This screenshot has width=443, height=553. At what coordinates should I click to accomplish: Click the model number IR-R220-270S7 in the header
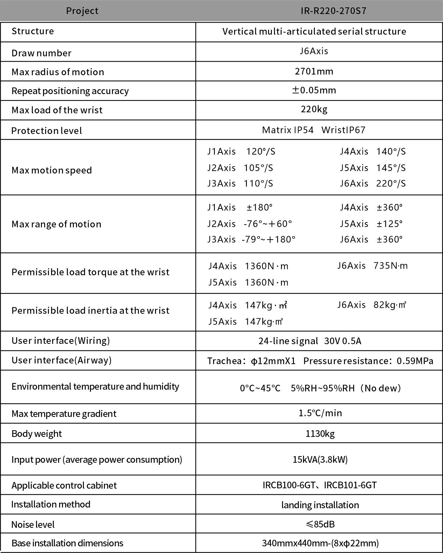[x=333, y=11]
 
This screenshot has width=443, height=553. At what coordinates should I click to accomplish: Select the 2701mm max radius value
[x=314, y=72]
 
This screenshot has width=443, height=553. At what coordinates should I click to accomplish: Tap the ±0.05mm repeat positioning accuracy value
[x=314, y=90]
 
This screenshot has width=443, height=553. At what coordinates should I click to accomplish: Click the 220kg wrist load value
[x=314, y=109]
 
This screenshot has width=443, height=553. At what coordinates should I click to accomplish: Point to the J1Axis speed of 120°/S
[x=261, y=151]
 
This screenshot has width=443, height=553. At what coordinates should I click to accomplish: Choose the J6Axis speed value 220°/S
[x=391, y=184]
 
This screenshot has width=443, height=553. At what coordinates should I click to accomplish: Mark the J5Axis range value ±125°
[x=389, y=224]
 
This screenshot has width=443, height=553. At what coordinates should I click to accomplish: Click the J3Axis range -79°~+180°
[x=268, y=240]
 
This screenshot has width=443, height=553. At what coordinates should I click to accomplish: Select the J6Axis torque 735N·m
[x=391, y=266]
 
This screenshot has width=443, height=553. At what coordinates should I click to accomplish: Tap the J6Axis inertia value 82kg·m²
[x=389, y=305]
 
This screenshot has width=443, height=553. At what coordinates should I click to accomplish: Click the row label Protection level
[x=47, y=131]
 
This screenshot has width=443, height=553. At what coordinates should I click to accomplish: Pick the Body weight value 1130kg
[x=320, y=434]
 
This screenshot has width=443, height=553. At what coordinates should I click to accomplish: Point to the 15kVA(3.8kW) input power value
[x=320, y=459]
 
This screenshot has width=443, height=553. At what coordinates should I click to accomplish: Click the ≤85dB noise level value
[x=320, y=524]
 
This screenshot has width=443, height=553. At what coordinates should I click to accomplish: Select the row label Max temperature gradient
[x=64, y=414]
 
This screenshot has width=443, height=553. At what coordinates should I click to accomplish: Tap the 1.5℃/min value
[x=320, y=413]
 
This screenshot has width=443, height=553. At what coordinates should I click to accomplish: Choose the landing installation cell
[x=320, y=505]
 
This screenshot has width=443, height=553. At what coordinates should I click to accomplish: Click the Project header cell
[x=82, y=11]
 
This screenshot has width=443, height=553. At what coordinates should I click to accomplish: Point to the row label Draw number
[x=41, y=53]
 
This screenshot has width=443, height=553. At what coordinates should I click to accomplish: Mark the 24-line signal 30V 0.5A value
[x=310, y=341]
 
